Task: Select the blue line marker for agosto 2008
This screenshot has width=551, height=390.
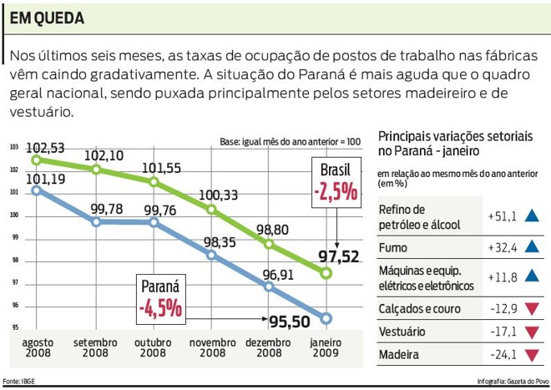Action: [35, 190]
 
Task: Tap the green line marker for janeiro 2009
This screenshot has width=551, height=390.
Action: [326, 273]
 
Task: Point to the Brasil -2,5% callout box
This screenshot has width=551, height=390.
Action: [336, 184]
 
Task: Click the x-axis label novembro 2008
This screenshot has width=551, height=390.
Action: [212, 347]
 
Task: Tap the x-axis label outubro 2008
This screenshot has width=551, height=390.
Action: [153, 347]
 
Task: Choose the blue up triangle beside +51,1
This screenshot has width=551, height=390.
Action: [531, 216]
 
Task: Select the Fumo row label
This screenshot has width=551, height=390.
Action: [393, 247]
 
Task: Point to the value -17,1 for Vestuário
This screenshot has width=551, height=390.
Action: [503, 332]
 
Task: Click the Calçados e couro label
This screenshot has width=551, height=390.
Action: [419, 309]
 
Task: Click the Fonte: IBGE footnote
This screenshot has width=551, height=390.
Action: [19, 382]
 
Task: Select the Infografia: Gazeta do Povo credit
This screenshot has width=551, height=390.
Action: [512, 382]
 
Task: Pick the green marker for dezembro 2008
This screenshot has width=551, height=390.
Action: [269, 245]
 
